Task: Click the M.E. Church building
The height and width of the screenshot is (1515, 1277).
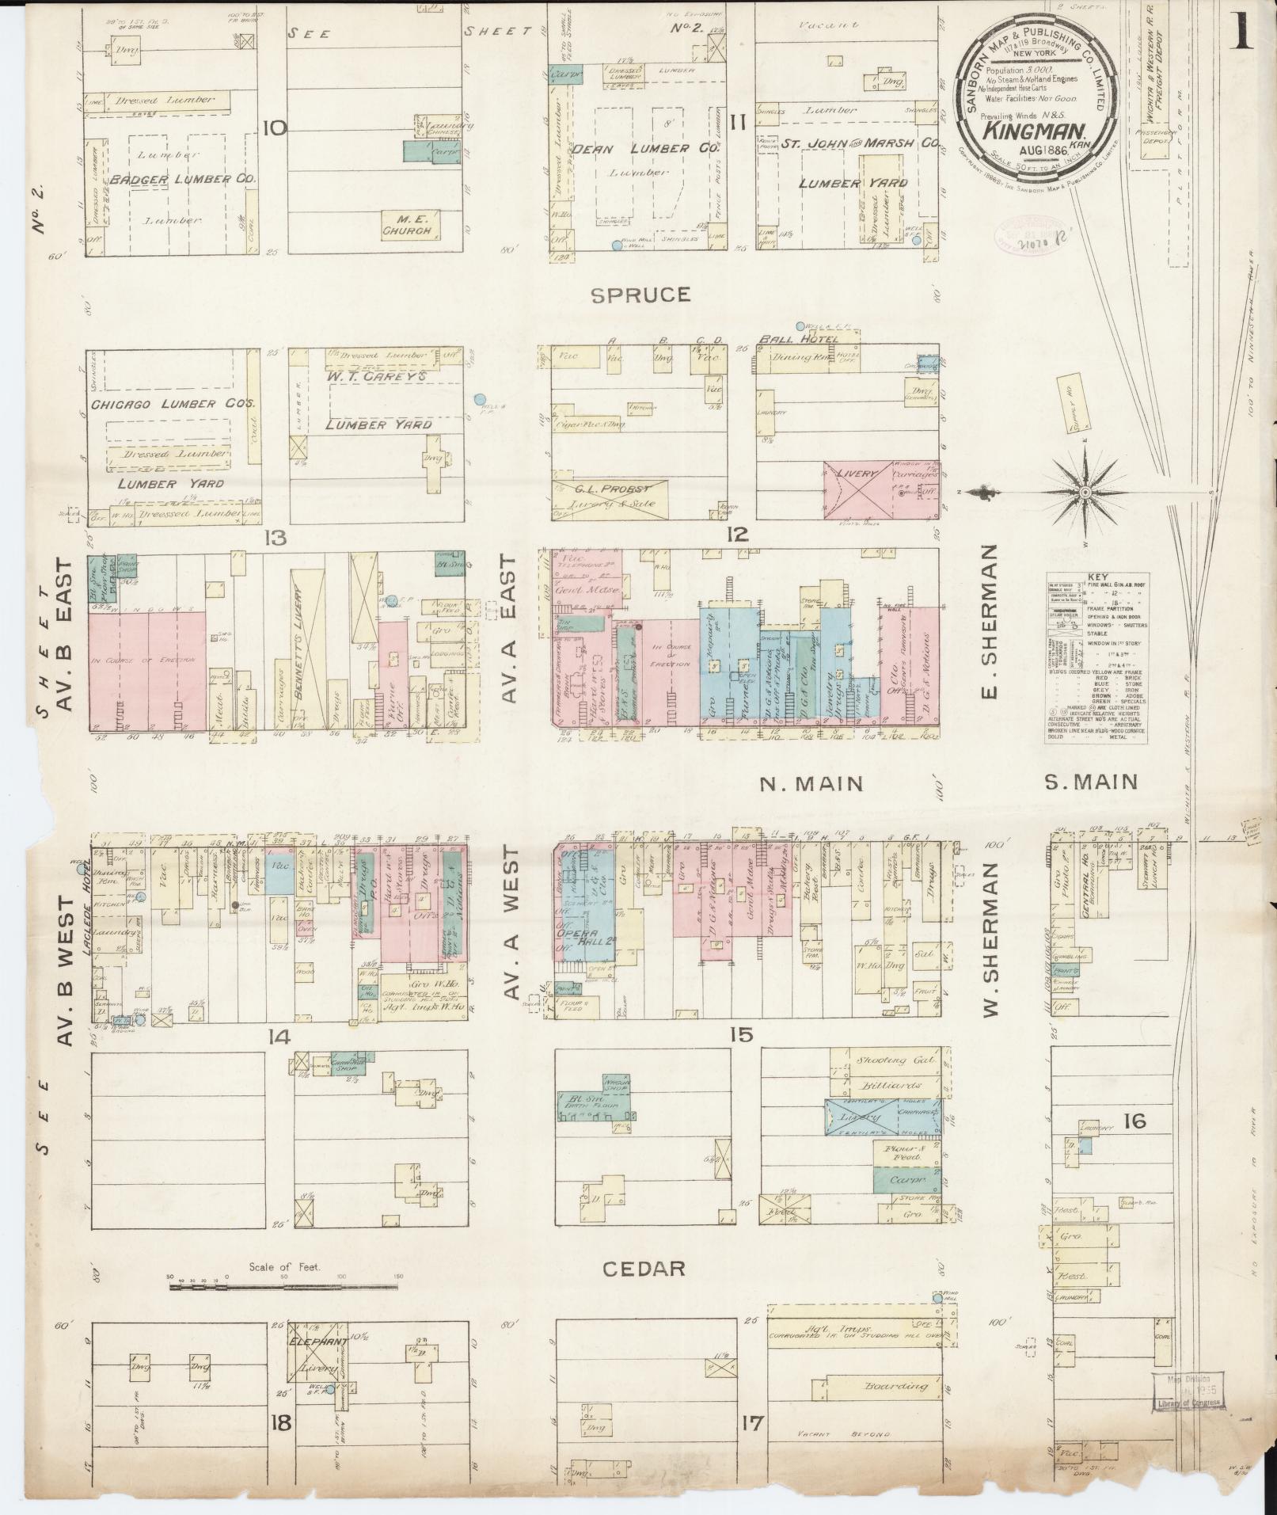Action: click(407, 224)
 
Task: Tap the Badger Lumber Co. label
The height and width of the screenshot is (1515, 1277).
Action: click(183, 181)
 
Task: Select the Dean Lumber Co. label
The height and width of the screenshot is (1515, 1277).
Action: click(645, 149)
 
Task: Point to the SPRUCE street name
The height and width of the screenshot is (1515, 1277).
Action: click(640, 295)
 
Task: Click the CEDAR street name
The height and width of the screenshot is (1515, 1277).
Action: click(643, 1269)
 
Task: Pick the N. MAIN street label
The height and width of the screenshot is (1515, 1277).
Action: click(810, 784)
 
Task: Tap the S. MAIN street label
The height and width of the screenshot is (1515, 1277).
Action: click(1090, 782)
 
